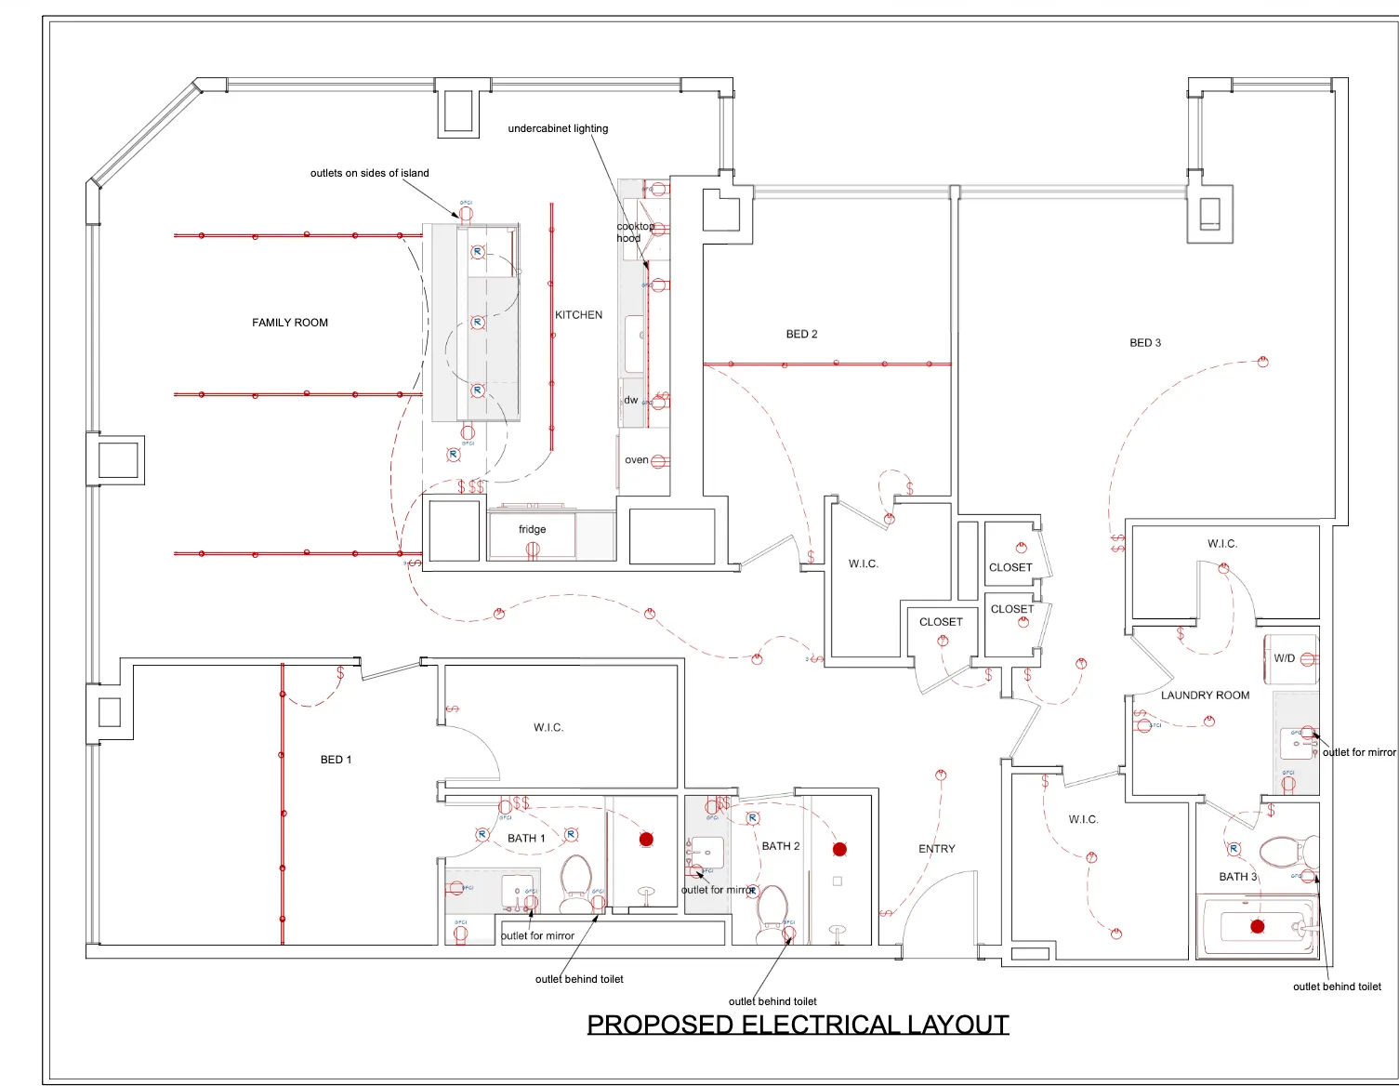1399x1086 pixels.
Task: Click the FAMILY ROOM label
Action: point(290,323)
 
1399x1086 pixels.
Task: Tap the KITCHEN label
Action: point(578,315)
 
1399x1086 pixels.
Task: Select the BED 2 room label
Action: point(801,334)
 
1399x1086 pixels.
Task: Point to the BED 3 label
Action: point(1144,343)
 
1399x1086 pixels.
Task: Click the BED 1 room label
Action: point(336,760)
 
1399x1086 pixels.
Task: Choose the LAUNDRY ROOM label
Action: point(1205,695)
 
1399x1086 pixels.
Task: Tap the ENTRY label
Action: point(936,849)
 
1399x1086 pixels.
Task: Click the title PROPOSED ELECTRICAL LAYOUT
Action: point(798,1025)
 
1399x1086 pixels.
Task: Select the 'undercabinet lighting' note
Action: point(558,128)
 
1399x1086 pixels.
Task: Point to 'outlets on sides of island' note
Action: point(369,173)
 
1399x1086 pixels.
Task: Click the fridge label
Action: point(532,529)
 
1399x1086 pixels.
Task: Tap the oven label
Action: point(636,460)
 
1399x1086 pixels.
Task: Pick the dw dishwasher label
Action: point(631,400)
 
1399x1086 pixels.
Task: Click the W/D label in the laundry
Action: point(1284,658)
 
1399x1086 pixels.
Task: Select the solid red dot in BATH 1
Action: point(646,840)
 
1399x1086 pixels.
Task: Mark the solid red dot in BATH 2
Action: point(839,849)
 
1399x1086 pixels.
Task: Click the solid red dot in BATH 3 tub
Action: point(1257,926)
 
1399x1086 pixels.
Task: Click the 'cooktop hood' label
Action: point(634,232)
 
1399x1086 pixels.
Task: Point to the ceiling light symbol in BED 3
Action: point(1262,362)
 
